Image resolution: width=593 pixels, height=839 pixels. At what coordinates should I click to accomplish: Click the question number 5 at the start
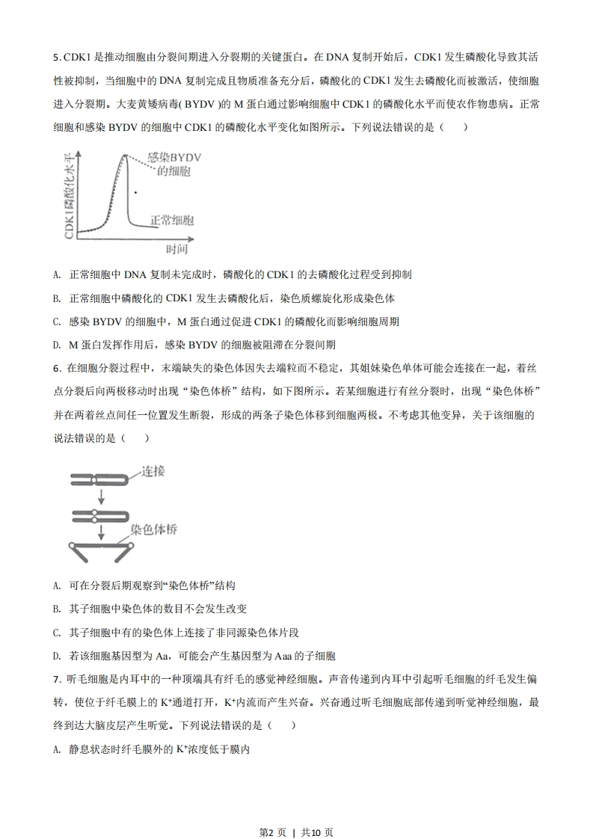[x=56, y=57]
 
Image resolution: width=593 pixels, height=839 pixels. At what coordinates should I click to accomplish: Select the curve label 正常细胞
[x=172, y=221]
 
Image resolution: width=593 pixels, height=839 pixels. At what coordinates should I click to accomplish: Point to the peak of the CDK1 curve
[x=123, y=154]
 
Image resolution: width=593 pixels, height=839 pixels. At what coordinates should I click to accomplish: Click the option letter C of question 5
[x=57, y=322]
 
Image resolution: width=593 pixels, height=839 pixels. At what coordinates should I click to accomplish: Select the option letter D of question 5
[x=57, y=345]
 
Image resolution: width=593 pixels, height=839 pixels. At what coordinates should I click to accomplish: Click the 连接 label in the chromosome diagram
[x=153, y=470]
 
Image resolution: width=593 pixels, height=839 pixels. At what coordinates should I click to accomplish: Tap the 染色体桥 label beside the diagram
[x=153, y=529]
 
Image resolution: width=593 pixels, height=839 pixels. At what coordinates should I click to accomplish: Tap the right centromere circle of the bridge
[x=130, y=547]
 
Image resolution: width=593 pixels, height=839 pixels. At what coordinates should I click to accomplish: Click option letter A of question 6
[x=57, y=586]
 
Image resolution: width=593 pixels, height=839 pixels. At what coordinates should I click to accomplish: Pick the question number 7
[x=56, y=679]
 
